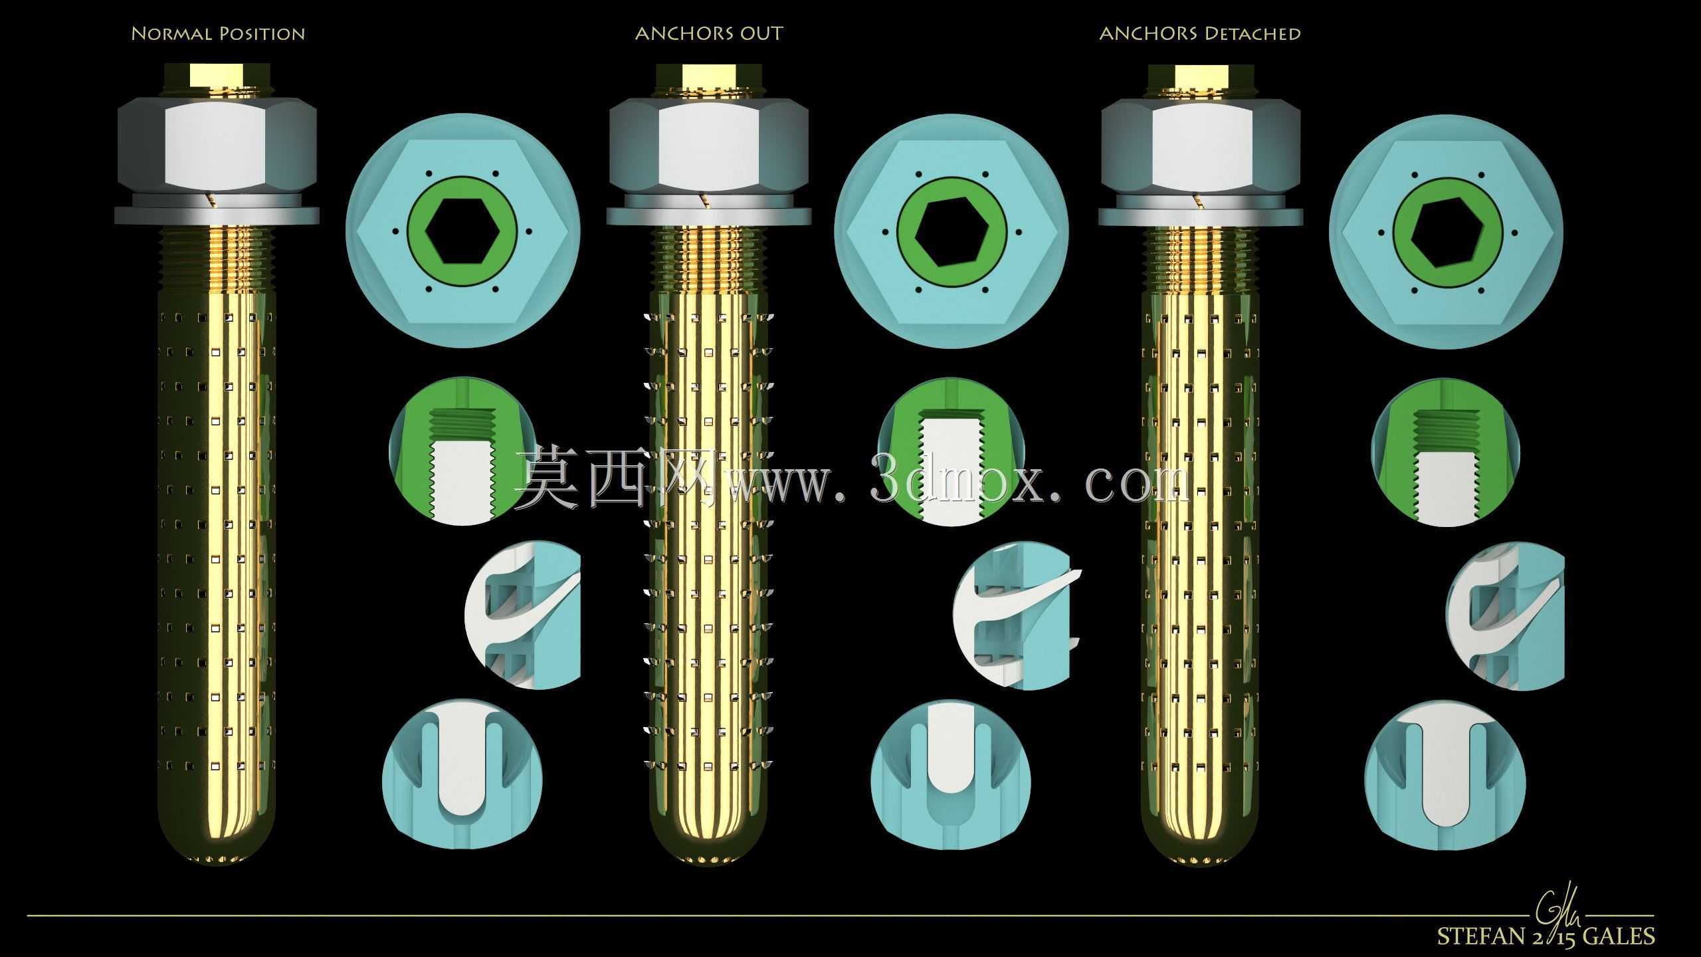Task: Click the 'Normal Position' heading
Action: coord(218,34)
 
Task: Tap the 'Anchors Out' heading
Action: coord(709,34)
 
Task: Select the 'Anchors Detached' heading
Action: coord(1200,34)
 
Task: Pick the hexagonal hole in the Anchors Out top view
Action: coord(951,231)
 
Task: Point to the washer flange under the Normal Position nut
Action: coord(217,215)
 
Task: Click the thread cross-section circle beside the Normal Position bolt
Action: coord(462,452)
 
